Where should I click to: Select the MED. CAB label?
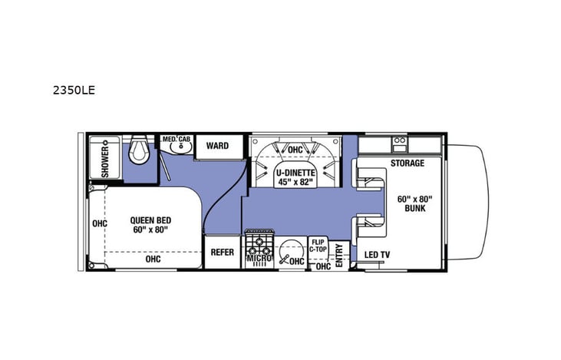[x=177, y=139]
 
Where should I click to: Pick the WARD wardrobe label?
[x=217, y=145]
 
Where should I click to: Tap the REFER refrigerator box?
[x=222, y=252]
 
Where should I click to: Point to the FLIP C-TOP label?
[x=318, y=246]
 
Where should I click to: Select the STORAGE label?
[x=406, y=163]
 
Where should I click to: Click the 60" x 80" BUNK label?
[x=414, y=203]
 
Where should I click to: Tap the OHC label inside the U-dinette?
[x=295, y=149]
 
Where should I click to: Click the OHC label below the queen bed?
[x=153, y=259]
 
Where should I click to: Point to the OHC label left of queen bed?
[x=99, y=223]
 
